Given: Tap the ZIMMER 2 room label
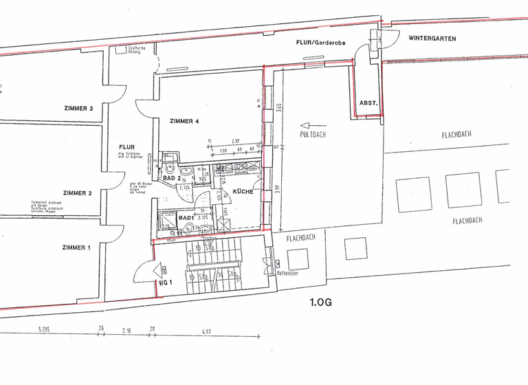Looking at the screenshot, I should pyautogui.click(x=77, y=193).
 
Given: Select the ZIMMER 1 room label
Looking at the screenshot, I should pyautogui.click(x=76, y=247).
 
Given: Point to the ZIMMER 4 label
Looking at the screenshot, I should pyautogui.click(x=184, y=122).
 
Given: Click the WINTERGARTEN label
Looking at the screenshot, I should pyautogui.click(x=432, y=38).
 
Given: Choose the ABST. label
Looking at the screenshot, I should pyautogui.click(x=368, y=103).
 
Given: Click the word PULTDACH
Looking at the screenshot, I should pyautogui.click(x=313, y=135).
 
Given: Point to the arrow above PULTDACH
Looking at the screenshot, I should pyautogui.click(x=309, y=124).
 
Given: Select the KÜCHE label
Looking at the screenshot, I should pyautogui.click(x=243, y=192).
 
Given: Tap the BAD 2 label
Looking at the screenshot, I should pyautogui.click(x=171, y=178).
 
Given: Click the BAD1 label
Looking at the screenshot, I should pyautogui.click(x=186, y=218).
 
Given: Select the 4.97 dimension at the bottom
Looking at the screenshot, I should pyautogui.click(x=206, y=332).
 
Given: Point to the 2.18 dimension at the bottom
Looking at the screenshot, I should pyautogui.click(x=126, y=332).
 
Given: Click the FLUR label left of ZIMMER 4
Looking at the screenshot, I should pyautogui.click(x=126, y=146).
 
